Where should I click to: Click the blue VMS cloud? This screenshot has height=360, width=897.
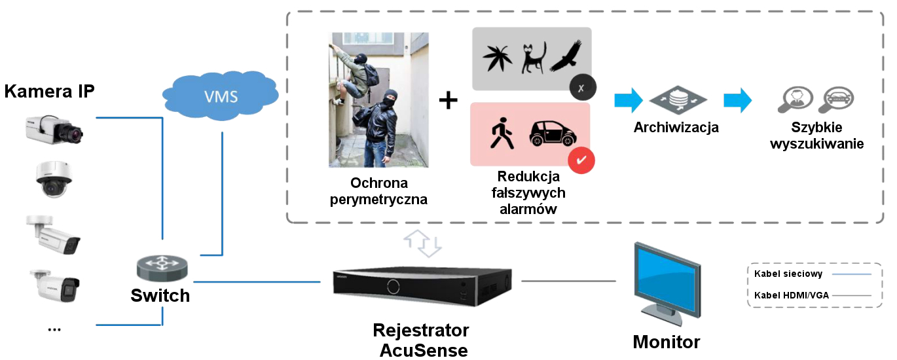(221, 96)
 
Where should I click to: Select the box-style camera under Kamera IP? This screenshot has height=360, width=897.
(54, 130)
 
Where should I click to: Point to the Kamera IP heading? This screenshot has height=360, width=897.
(49, 91)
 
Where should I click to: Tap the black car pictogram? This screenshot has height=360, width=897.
(553, 134)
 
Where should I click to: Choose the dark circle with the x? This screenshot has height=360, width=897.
(581, 88)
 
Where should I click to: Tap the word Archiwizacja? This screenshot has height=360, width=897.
(676, 128)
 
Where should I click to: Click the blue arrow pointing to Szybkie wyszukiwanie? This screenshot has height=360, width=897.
(737, 100)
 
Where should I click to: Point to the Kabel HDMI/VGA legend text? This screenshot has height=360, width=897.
(791, 295)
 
